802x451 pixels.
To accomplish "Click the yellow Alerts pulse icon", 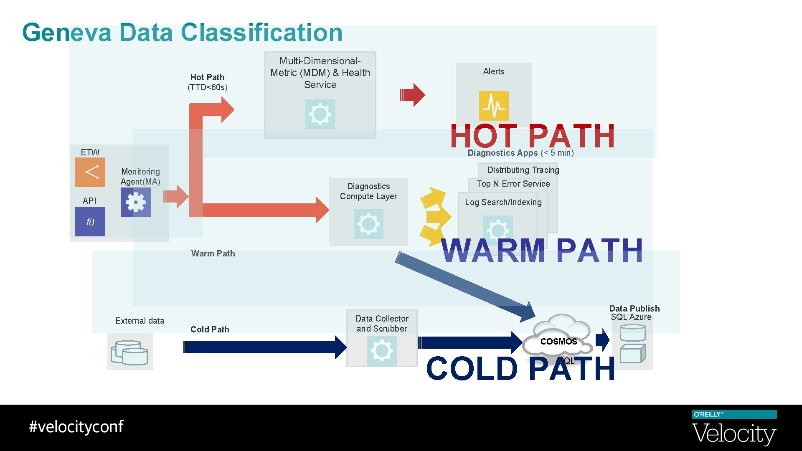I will point(494,106).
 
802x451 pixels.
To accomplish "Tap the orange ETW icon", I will point(90,172).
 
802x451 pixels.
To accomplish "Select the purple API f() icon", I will point(90,222).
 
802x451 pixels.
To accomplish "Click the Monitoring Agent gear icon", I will point(136,203).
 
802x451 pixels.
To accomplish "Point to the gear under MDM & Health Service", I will point(320,114).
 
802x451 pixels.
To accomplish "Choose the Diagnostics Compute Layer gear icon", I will point(368,224).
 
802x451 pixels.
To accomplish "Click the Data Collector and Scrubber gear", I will point(382,351).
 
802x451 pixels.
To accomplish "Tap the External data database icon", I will point(130,352).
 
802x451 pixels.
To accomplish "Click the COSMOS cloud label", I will point(558,342).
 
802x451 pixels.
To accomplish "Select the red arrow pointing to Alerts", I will point(412,95).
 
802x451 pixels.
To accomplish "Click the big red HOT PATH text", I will point(533,136).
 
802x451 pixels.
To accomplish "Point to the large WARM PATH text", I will point(542,251).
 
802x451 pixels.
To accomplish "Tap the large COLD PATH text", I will point(520,368).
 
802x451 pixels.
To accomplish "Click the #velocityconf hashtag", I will point(76,427).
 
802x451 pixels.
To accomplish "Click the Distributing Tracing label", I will point(523,170).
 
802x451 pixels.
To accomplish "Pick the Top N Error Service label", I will point(513,184).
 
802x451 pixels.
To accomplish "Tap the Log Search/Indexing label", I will point(503,202).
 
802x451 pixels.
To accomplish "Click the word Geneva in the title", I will point(67,33).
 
